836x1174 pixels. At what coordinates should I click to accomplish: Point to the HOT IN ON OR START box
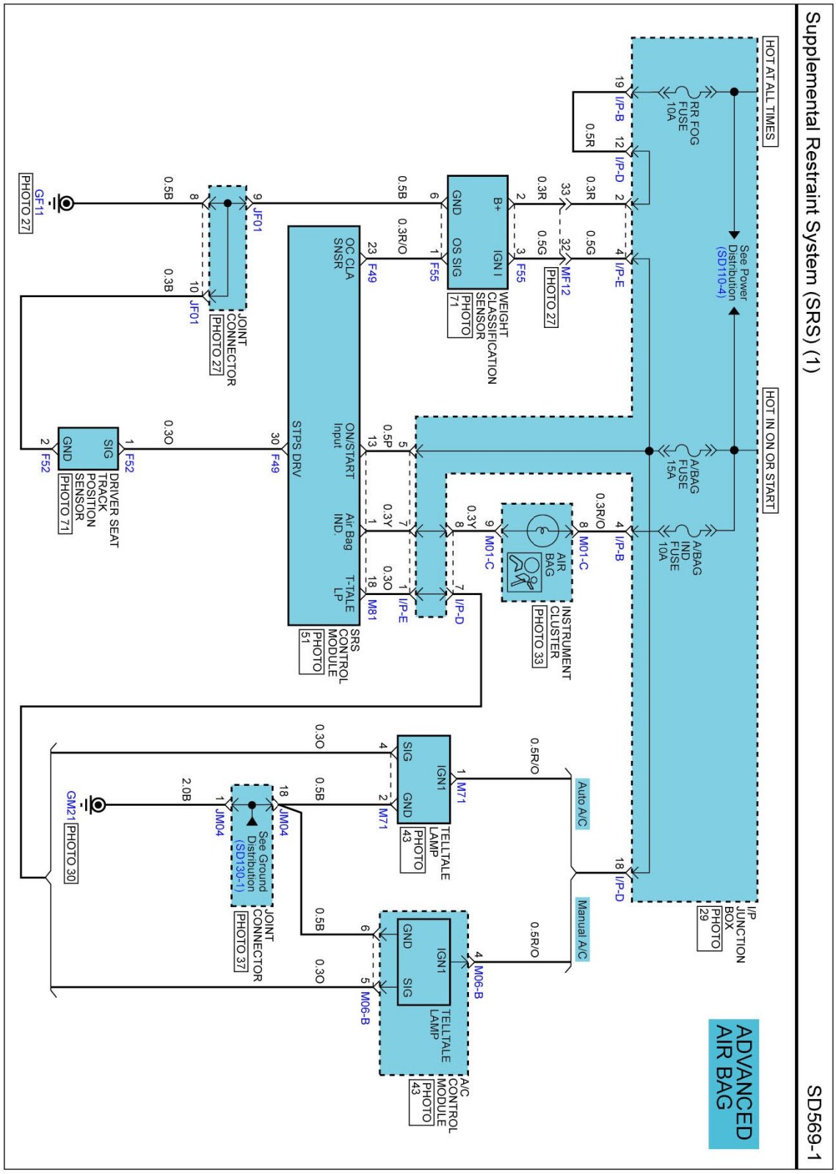(770, 450)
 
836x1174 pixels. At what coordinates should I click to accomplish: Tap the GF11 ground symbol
(65, 203)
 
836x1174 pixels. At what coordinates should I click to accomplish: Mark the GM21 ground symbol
(96, 805)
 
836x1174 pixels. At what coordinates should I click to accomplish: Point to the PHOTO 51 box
(311, 651)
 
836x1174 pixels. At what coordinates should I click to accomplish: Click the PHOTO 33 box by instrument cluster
(538, 636)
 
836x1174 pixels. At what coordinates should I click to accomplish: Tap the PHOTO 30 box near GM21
(70, 853)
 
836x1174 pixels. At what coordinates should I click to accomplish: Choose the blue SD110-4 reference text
(721, 272)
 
